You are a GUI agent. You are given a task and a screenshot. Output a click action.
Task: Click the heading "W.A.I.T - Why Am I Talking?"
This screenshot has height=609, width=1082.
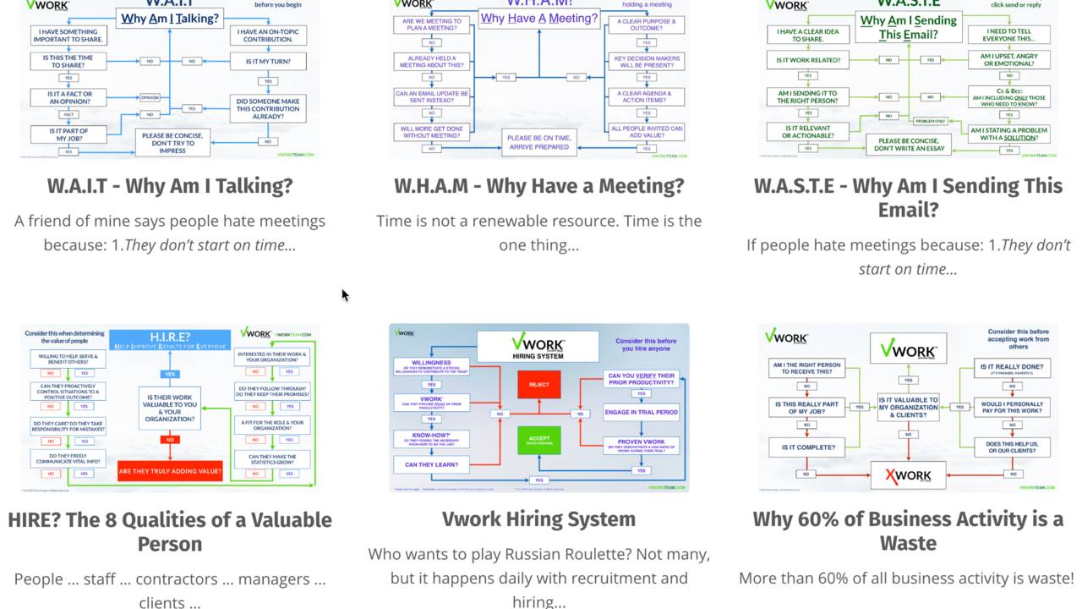(169, 186)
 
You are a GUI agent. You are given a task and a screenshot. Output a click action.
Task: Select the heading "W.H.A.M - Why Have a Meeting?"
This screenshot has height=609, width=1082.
(538, 186)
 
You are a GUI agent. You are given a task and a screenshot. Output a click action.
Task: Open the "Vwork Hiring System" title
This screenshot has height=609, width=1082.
(538, 519)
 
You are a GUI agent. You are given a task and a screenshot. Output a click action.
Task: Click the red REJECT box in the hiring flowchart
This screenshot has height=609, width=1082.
(538, 385)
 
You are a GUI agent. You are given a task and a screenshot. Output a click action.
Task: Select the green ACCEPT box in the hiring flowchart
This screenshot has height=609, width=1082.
(538, 440)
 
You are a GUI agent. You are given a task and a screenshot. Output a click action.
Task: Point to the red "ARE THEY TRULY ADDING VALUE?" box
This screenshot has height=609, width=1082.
(170, 471)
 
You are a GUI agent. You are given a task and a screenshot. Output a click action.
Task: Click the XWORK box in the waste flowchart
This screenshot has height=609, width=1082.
(908, 475)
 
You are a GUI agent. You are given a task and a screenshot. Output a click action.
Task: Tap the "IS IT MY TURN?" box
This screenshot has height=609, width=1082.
(267, 62)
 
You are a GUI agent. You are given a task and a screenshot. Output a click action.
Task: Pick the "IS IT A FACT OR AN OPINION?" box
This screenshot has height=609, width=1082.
(70, 98)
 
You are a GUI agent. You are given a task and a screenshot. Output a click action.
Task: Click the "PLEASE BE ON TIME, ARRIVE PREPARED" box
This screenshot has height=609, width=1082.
(538, 142)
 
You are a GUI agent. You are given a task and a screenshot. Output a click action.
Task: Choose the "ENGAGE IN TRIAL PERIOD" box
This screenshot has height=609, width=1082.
(641, 412)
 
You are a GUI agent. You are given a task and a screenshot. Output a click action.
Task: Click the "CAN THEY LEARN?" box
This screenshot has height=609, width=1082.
(431, 464)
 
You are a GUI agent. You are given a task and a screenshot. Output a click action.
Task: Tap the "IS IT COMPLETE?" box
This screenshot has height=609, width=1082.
(808, 447)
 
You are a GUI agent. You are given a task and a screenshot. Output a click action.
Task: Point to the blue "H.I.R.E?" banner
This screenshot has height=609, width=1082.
(170, 340)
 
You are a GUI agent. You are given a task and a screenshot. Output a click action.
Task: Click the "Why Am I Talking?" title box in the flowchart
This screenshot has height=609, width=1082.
(169, 19)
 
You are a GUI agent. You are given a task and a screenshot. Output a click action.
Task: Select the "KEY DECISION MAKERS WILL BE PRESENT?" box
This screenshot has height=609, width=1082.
(647, 62)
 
